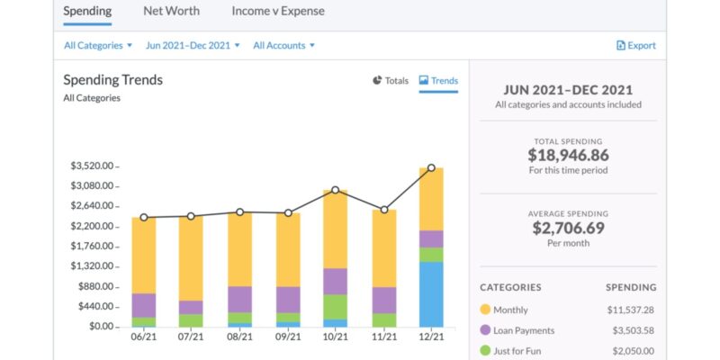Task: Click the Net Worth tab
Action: (171, 12)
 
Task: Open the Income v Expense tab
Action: (278, 12)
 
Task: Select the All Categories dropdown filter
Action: (98, 45)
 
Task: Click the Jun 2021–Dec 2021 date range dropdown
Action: (193, 45)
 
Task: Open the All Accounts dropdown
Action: (284, 45)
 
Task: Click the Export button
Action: (635, 45)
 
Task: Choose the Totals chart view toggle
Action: (390, 80)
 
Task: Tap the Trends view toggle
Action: (438, 80)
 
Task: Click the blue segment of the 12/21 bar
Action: (431, 294)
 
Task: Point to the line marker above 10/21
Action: (336, 190)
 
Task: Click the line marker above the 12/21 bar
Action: (431, 167)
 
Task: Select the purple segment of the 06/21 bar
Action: (144, 305)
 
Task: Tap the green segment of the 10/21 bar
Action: (336, 307)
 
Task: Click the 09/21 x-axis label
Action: (287, 337)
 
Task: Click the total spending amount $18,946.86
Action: (567, 155)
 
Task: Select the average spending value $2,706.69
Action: (567, 228)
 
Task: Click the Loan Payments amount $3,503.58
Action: (634, 330)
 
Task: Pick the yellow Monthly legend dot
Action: (486, 310)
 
